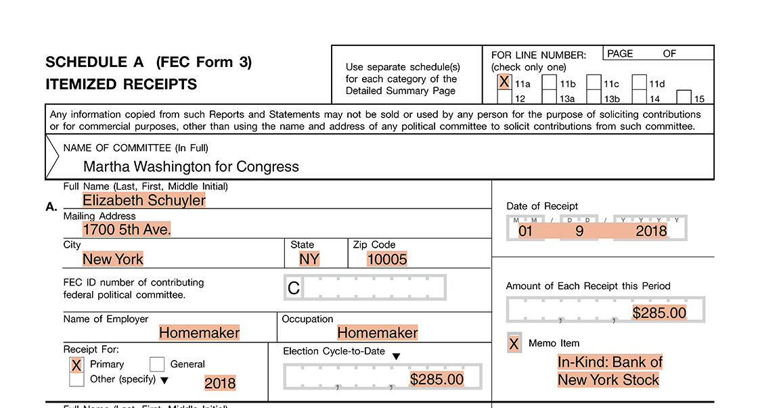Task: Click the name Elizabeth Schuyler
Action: click(144, 200)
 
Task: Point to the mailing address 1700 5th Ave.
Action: click(127, 229)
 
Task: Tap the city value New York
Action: click(113, 259)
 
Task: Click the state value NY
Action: click(309, 259)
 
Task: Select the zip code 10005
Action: click(387, 259)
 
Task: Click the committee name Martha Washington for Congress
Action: click(191, 166)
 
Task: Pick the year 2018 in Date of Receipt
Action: click(651, 231)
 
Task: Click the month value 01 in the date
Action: click(526, 231)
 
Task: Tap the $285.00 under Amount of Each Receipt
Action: click(659, 313)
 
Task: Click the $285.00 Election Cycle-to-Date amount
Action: click(437, 380)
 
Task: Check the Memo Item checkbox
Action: click(514, 344)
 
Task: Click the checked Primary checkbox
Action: click(76, 365)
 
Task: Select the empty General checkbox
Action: click(157, 365)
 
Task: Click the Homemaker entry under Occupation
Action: click(378, 333)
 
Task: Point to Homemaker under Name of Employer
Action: click(199, 333)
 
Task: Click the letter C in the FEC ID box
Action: click(294, 288)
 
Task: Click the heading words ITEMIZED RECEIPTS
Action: click(121, 85)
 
